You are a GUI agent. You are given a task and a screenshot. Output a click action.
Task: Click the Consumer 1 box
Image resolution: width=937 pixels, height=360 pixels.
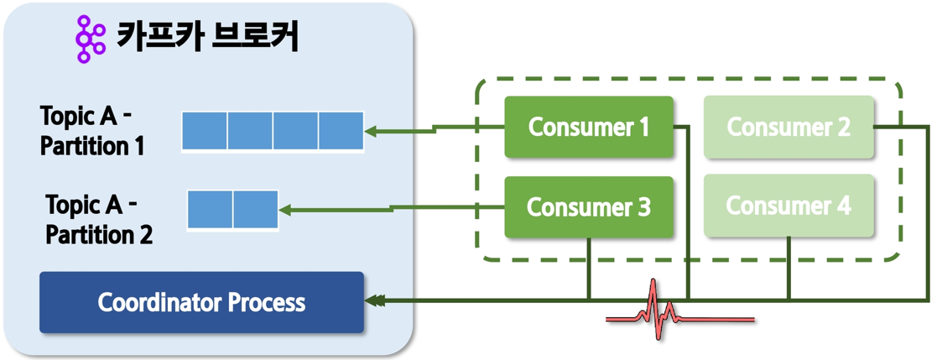(x=589, y=128)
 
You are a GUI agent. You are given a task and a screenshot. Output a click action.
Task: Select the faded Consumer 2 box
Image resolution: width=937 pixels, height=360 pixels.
(x=789, y=128)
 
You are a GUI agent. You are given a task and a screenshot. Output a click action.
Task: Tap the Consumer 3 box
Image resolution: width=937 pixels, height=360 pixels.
(x=589, y=207)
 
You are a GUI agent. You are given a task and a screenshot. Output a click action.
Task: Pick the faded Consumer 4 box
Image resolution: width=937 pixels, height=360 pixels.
(x=789, y=206)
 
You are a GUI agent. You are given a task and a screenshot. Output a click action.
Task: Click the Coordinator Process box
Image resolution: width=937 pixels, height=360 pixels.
(x=202, y=303)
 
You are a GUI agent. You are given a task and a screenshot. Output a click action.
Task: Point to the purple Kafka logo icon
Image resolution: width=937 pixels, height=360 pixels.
(x=91, y=39)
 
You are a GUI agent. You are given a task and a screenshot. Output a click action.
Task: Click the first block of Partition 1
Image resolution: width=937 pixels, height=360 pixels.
(x=205, y=130)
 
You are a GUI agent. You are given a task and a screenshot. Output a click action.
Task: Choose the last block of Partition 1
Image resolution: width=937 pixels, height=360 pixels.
(x=341, y=130)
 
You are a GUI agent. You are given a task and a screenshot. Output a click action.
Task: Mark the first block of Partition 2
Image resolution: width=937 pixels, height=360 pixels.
(x=211, y=209)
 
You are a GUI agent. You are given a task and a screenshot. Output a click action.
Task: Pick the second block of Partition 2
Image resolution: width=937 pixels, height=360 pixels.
(x=256, y=209)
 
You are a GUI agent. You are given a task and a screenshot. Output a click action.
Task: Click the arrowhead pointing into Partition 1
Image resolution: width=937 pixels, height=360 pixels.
(x=372, y=130)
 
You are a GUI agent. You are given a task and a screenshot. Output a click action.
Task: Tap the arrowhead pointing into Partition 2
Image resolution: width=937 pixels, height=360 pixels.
(x=286, y=210)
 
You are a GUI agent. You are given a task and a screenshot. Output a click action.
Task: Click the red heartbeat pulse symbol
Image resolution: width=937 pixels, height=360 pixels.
(x=680, y=310)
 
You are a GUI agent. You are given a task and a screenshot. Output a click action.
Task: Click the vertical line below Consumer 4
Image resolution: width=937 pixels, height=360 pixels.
(x=789, y=269)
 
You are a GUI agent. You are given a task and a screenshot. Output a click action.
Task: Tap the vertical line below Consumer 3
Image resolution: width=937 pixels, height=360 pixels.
(x=589, y=269)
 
